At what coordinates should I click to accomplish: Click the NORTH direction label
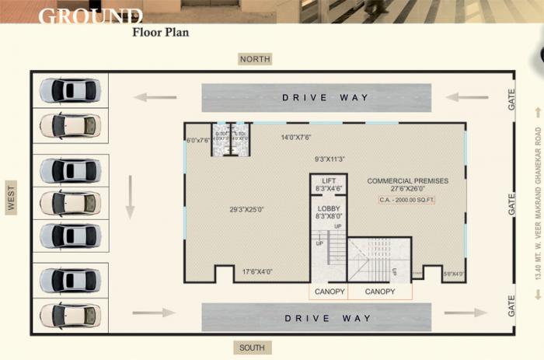click(x=256, y=59)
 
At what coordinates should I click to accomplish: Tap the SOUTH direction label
click(x=253, y=348)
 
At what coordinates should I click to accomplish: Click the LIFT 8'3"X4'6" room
click(x=328, y=184)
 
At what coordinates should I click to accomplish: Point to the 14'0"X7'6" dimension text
click(x=295, y=138)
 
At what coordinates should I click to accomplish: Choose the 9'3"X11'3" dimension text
click(x=329, y=159)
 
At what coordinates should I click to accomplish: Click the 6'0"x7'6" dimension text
click(x=198, y=141)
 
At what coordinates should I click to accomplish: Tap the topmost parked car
click(x=70, y=90)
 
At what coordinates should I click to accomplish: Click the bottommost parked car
click(x=70, y=315)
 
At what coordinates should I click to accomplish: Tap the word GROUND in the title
click(x=90, y=16)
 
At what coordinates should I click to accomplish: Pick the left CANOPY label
click(x=329, y=292)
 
